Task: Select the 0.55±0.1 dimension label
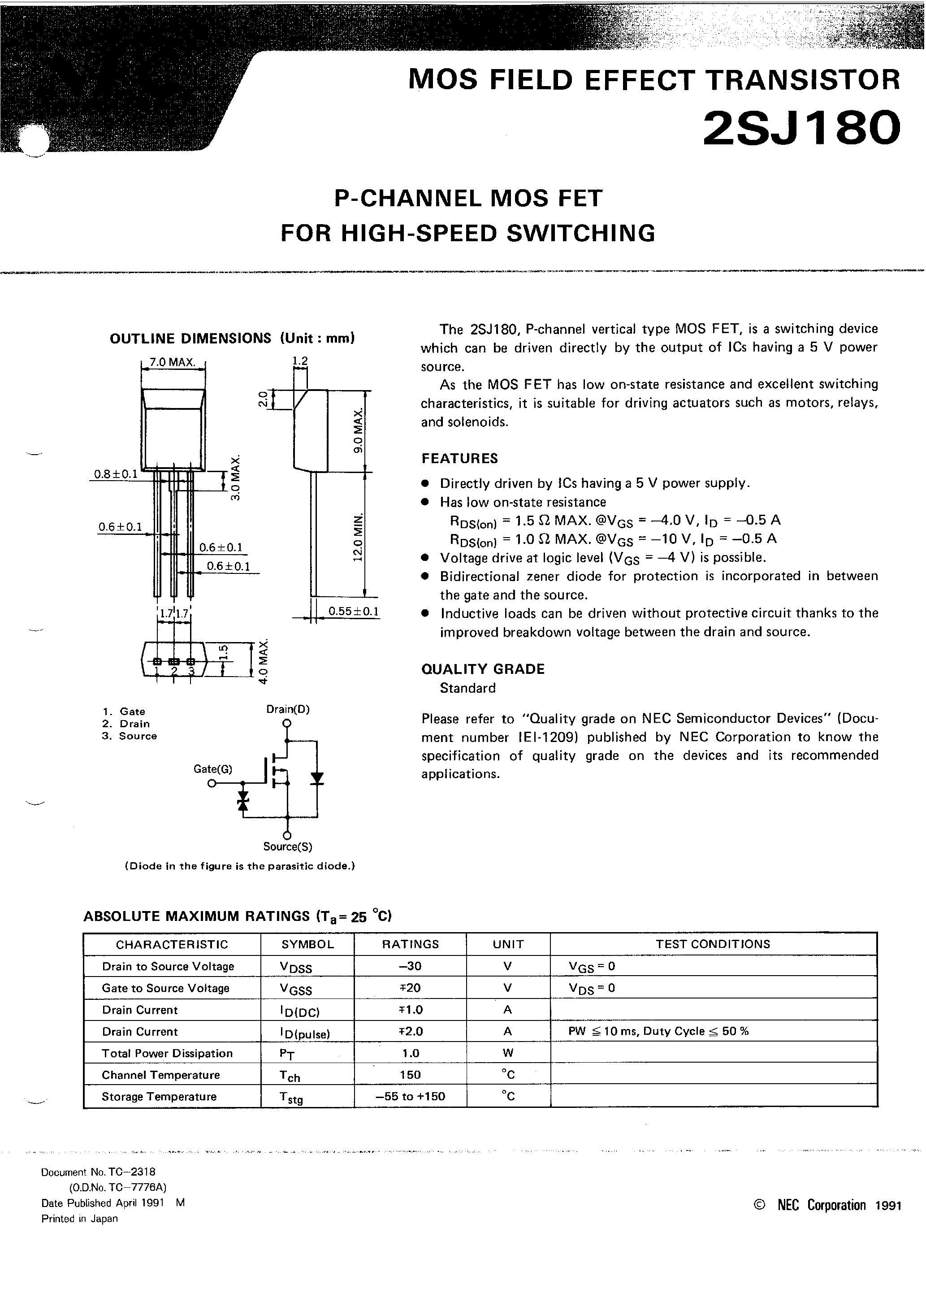(x=353, y=612)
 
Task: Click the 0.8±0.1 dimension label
(x=115, y=474)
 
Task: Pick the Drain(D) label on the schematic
(x=288, y=709)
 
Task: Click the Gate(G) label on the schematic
(x=213, y=769)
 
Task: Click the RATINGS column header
(x=410, y=944)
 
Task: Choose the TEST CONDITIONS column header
(x=713, y=944)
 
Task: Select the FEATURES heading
(x=459, y=459)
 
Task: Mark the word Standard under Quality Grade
(x=467, y=688)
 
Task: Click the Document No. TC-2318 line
(x=98, y=1172)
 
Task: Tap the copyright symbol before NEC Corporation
(x=759, y=1205)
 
